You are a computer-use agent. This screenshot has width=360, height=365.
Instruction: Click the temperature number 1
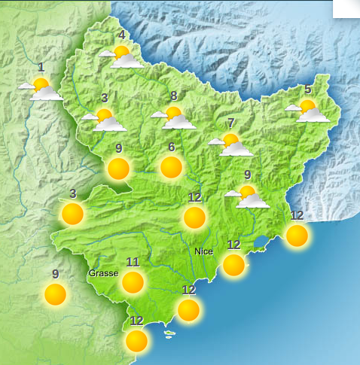pos(41,67)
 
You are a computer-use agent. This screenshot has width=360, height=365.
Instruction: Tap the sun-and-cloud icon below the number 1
pos(42,89)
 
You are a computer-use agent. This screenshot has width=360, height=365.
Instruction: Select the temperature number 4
pos(121,35)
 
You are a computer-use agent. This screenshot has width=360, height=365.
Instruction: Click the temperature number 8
pos(174,96)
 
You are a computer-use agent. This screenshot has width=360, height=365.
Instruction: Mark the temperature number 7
pos(231,123)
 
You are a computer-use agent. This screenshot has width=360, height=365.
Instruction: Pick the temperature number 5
pos(307,90)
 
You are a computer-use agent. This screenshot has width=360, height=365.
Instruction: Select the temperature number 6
pos(172,147)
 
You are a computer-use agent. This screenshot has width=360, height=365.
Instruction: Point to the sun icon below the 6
pos(172,167)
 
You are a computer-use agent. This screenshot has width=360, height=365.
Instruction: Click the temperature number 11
pos(133,262)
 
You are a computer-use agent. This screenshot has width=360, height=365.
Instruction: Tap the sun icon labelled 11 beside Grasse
pos(133,282)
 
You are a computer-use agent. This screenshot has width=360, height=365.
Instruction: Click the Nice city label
pos(203,251)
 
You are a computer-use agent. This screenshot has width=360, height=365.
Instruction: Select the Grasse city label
pos(103,272)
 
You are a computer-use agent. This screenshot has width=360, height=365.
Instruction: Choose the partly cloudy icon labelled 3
pos(105,120)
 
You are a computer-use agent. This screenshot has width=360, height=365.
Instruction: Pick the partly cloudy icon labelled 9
pos(248,196)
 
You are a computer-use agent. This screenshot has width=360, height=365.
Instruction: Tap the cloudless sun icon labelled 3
pos(72,214)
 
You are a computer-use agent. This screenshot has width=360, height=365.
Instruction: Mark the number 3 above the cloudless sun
pos(72,193)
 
